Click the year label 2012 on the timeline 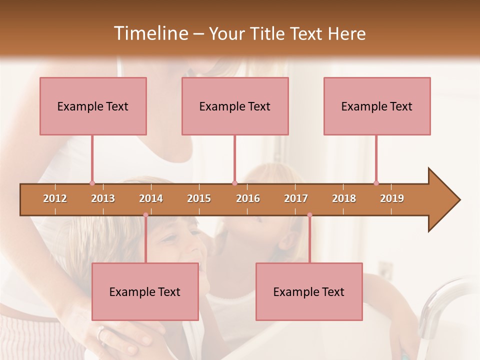point(55,198)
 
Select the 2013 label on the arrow point(103,198)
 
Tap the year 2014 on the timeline point(151,198)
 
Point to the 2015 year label point(199,198)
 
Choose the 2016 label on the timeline point(248,198)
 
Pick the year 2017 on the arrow point(296,198)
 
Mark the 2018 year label point(344,198)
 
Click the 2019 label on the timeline point(392,198)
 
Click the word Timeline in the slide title point(150,33)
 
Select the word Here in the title point(346,33)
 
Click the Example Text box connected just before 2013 point(93,106)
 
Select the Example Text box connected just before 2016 point(235,106)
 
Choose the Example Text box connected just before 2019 point(377,106)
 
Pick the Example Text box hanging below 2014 point(145,291)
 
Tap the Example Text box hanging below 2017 point(309,291)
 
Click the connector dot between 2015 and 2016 point(234,183)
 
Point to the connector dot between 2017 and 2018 point(309,215)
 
